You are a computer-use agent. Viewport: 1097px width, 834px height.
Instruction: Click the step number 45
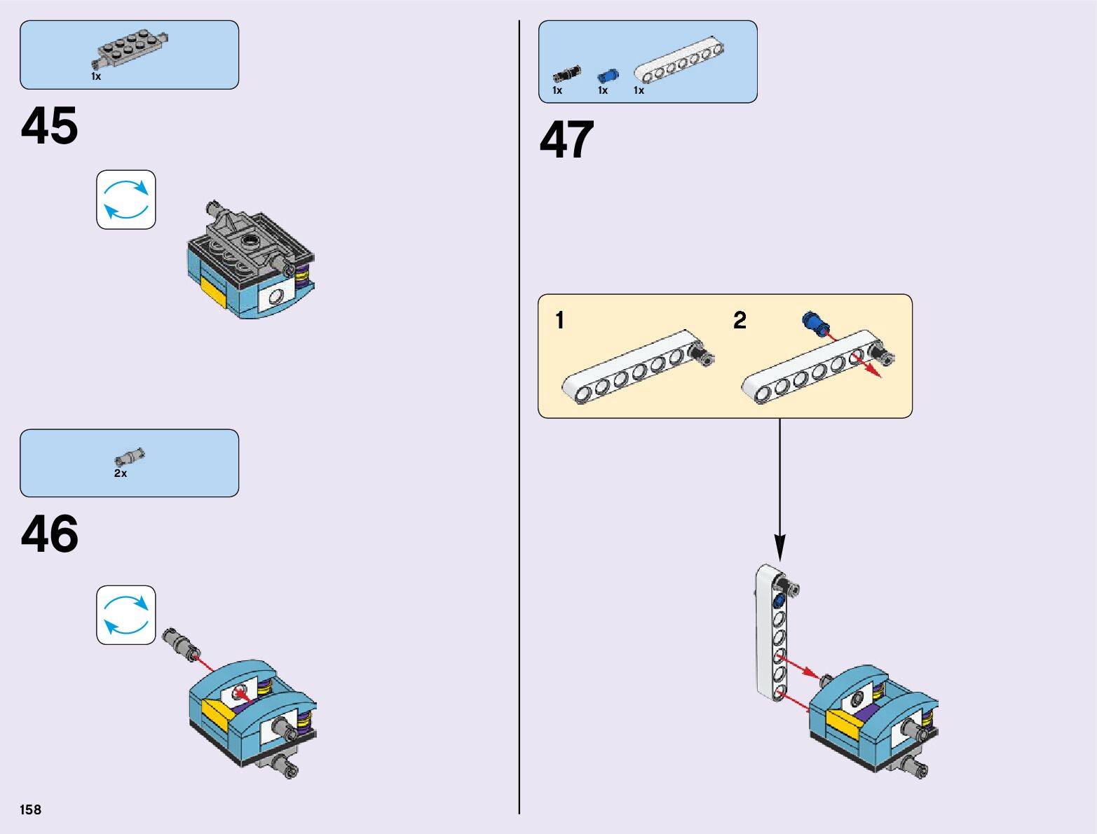pyautogui.click(x=50, y=125)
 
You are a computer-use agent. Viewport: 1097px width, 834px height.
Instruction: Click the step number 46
pyautogui.click(x=50, y=534)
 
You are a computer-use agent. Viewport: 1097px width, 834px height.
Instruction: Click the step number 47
pyautogui.click(x=567, y=139)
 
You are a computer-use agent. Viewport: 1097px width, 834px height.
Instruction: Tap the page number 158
pyautogui.click(x=30, y=809)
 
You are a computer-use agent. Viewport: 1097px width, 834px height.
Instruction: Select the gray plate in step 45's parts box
pyautogui.click(x=130, y=48)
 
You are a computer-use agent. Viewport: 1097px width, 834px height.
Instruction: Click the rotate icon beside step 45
pyautogui.click(x=126, y=200)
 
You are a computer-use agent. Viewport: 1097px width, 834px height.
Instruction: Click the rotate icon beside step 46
pyautogui.click(x=126, y=615)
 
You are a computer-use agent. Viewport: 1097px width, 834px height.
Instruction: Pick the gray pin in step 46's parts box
pyautogui.click(x=130, y=457)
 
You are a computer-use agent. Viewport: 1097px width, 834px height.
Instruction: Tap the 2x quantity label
pyautogui.click(x=121, y=473)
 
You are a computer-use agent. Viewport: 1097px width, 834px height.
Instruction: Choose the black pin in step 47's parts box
pyautogui.click(x=567, y=74)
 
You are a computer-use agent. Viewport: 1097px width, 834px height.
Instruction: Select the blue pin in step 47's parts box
pyautogui.click(x=608, y=76)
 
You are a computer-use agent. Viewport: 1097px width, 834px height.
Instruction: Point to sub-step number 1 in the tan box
pyautogui.click(x=560, y=320)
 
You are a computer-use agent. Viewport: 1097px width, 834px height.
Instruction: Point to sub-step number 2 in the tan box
pyautogui.click(x=740, y=320)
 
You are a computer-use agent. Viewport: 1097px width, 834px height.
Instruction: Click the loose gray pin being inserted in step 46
pyautogui.click(x=181, y=644)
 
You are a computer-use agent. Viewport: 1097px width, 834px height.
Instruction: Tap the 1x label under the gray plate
pyautogui.click(x=96, y=76)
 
